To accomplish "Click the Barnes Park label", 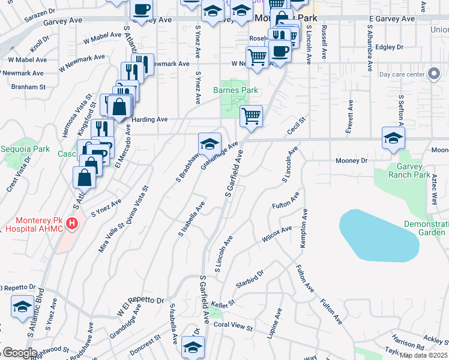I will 235,91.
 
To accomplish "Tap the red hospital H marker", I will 72,224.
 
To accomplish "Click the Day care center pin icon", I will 434,75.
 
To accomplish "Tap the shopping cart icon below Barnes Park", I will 251,115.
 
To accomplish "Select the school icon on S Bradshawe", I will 209,144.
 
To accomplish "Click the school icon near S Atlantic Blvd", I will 22,307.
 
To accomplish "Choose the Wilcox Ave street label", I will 277,234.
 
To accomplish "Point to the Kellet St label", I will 222,304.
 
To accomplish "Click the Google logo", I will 20,353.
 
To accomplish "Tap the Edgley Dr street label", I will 388,47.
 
